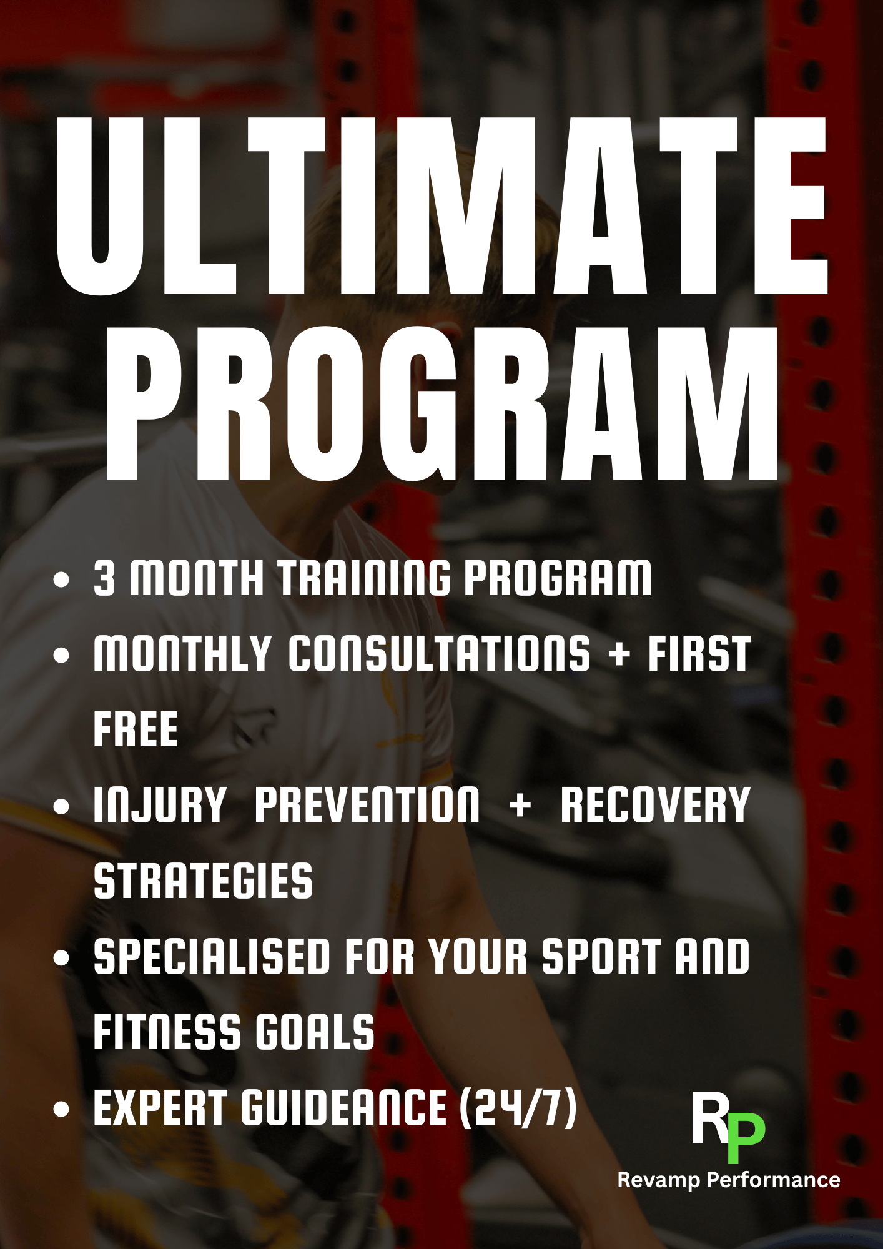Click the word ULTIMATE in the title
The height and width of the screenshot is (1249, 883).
point(441,206)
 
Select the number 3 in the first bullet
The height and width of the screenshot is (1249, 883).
point(104,578)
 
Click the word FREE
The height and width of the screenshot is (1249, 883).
point(136,729)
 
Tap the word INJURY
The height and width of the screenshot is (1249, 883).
point(159,805)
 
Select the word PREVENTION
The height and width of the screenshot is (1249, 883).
point(367,805)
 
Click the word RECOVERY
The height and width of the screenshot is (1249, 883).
point(655,805)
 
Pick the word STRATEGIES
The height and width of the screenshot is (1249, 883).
point(203,881)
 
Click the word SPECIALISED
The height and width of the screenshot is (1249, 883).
point(212,956)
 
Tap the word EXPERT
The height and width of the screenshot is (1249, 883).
point(160,1107)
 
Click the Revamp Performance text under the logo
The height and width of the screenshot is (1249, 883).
point(728,1180)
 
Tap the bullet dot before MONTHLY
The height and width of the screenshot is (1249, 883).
point(61,655)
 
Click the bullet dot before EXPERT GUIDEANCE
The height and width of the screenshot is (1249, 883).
point(61,1109)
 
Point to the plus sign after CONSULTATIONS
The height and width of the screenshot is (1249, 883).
point(619,655)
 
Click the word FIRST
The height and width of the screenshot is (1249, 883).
point(699,654)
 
